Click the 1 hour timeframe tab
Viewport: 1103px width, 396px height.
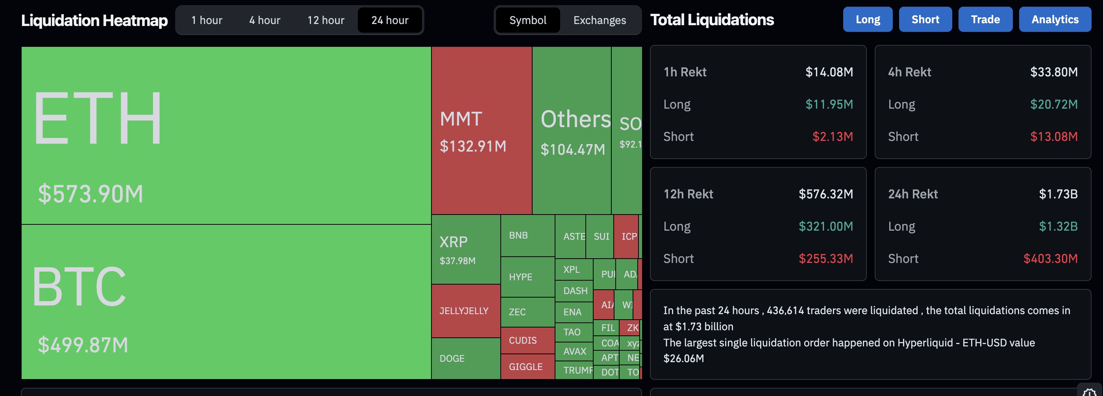207,20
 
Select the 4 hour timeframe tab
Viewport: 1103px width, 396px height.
265,20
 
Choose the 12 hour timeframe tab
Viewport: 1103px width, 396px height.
326,20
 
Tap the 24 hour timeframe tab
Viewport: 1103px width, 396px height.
390,20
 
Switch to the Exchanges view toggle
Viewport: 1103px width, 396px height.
600,20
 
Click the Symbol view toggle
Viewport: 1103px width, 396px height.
527,20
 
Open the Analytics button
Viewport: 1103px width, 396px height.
1055,19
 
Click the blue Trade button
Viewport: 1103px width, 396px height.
985,19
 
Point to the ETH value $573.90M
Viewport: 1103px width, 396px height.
91,194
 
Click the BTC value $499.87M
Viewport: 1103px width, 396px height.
83,344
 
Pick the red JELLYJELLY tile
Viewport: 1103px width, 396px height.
465,311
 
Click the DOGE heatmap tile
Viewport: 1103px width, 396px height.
465,358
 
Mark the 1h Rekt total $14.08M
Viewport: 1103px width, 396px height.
829,72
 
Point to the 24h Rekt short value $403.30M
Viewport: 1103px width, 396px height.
1050,259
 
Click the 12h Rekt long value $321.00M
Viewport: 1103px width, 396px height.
825,226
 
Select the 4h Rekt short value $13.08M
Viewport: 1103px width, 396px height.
1053,137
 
